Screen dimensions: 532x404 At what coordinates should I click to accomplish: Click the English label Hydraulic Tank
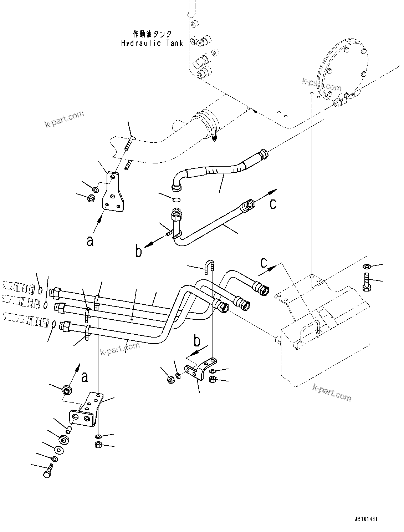click(x=152, y=43)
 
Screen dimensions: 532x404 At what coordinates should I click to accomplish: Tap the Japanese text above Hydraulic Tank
click(x=152, y=34)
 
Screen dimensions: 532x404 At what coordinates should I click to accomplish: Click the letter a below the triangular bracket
click(x=90, y=241)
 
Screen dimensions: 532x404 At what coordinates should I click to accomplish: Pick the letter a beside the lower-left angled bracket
click(x=84, y=377)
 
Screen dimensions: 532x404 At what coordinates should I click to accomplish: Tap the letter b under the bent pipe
click(x=138, y=252)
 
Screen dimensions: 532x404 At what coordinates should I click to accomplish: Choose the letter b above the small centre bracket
click(x=197, y=341)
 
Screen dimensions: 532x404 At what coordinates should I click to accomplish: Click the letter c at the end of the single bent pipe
click(x=273, y=203)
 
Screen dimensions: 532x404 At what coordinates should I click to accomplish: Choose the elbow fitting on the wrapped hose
click(x=177, y=181)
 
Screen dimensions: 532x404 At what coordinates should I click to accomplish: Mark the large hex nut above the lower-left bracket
click(x=67, y=390)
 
